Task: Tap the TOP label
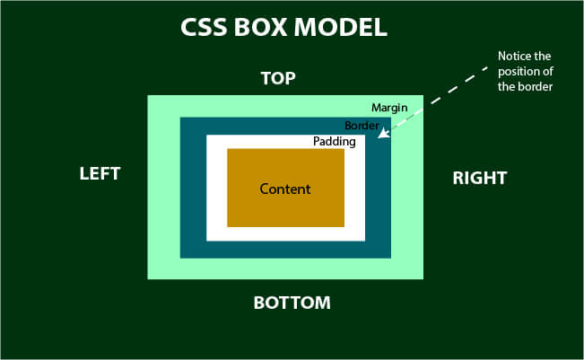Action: pyautogui.click(x=277, y=78)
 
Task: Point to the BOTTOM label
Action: pyautogui.click(x=292, y=303)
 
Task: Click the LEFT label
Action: pyautogui.click(x=100, y=173)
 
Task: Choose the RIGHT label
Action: pyautogui.click(x=479, y=178)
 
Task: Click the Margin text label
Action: pyautogui.click(x=389, y=108)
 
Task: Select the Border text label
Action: pyautogui.click(x=362, y=125)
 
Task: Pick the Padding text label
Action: pyautogui.click(x=335, y=142)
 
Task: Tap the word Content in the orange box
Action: pyautogui.click(x=284, y=189)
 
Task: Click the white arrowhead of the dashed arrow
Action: pyautogui.click(x=382, y=136)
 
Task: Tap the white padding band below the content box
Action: pyautogui.click(x=285, y=233)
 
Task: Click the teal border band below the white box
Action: pyautogui.click(x=285, y=250)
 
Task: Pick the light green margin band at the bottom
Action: pyautogui.click(x=285, y=268)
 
